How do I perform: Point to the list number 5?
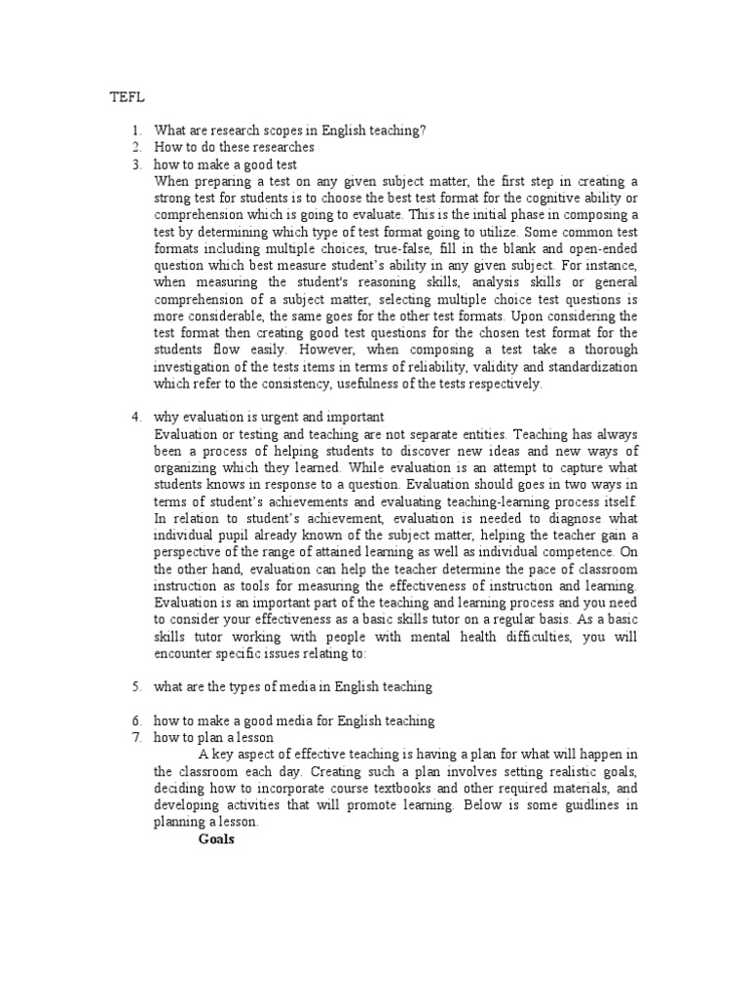coord(137,686)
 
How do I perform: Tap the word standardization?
coord(585,367)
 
